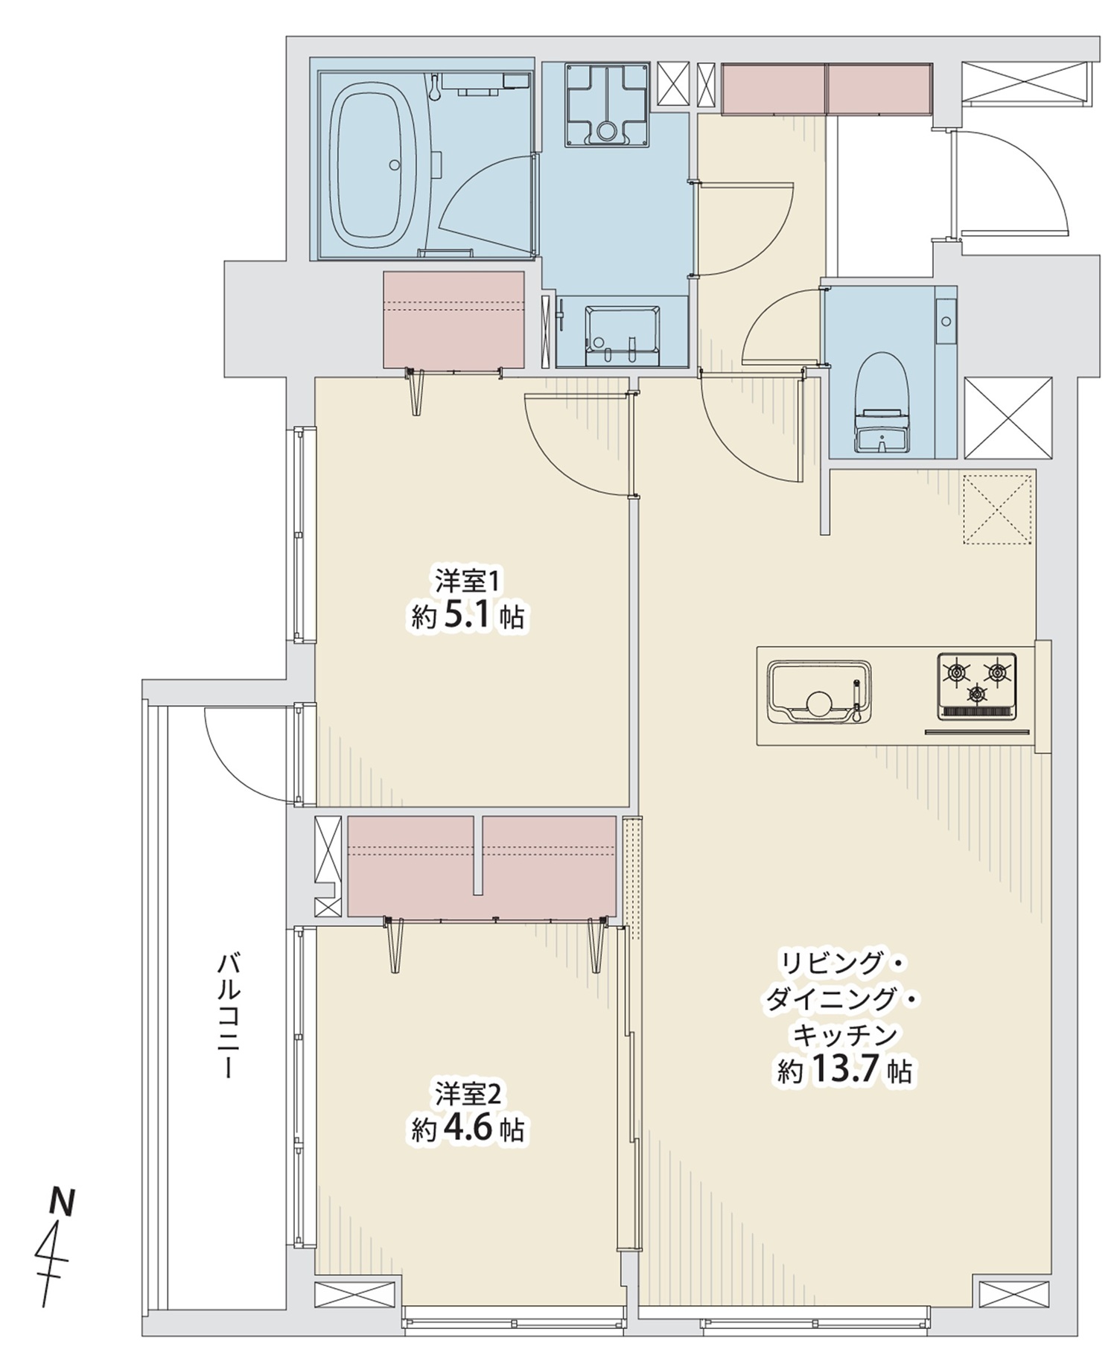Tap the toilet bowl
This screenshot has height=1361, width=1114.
882,402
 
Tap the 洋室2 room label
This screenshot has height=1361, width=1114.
471,1094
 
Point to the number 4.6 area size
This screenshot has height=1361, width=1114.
468,1130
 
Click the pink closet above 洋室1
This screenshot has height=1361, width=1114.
453,320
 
